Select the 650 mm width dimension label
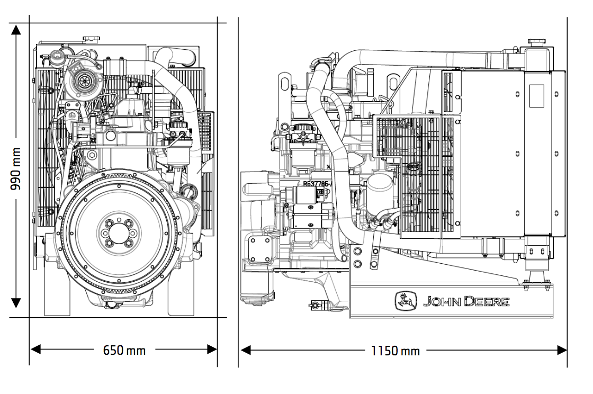(x=124, y=350)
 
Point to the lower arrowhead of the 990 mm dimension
(x=16, y=302)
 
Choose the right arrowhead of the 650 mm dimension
(x=212, y=350)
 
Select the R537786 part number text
(x=317, y=184)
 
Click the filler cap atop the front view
(x=91, y=40)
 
